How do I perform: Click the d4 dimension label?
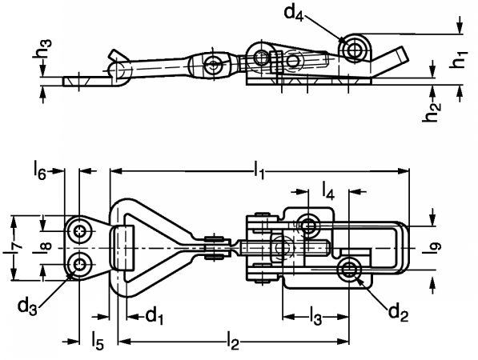tap(294, 13)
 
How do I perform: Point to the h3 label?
tap(42, 48)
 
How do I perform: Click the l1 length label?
tap(259, 170)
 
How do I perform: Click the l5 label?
tap(98, 341)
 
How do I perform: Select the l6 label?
tap(39, 170)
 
